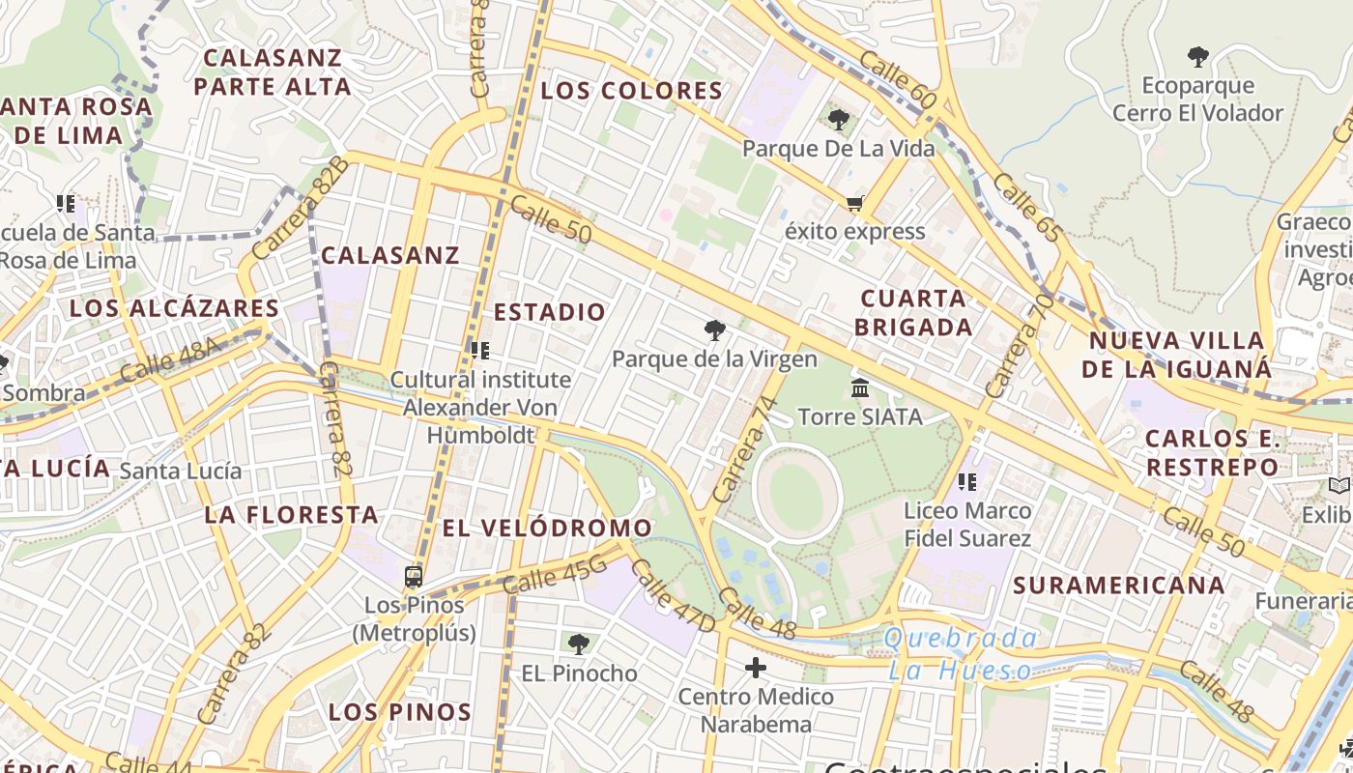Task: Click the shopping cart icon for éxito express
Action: tap(853, 204)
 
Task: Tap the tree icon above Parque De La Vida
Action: tap(838, 120)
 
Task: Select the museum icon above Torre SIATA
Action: tap(859, 388)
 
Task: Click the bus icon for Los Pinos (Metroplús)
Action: tap(414, 577)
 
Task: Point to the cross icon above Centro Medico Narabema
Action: tap(756, 668)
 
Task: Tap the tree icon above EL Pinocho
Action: tap(578, 644)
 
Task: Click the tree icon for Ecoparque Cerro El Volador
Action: tap(1198, 57)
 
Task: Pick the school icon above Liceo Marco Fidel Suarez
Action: tap(966, 480)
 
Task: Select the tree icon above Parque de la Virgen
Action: tap(714, 331)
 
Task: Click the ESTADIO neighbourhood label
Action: tap(550, 312)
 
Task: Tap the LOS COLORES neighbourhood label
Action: tap(632, 91)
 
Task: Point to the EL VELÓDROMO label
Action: tap(547, 528)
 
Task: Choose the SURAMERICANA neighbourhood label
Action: tap(1119, 585)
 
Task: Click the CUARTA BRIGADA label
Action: tap(913, 312)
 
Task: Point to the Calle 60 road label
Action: tap(897, 81)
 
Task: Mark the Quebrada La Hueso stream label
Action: tap(961, 654)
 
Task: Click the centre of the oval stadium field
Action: tap(796, 495)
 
